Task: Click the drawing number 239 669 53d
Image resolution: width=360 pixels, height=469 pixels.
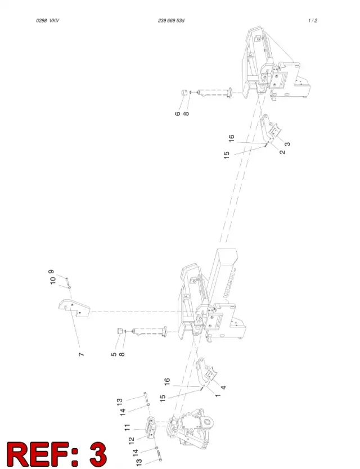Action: point(171,21)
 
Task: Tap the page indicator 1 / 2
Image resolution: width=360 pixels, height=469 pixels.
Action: point(312,21)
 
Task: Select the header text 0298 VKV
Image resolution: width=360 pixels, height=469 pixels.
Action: point(48,21)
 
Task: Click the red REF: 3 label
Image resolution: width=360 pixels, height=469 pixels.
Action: point(57,454)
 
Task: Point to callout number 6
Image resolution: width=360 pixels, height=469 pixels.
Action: point(178,114)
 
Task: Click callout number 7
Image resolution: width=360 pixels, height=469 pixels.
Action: point(81,354)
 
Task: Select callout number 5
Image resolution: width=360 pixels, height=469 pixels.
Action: point(114,354)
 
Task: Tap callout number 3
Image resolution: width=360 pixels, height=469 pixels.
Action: point(287,144)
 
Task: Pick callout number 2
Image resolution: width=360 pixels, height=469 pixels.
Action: point(282,152)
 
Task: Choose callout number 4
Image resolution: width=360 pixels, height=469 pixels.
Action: point(223,387)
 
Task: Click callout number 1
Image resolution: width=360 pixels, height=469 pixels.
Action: point(218,395)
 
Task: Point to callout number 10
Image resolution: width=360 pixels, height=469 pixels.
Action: point(53,280)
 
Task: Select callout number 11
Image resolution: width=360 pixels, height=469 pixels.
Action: point(128,427)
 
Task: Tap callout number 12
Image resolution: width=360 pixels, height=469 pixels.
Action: point(132,441)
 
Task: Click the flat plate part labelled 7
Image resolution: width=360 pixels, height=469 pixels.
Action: point(74,308)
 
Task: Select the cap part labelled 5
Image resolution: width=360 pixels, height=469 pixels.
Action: point(120,331)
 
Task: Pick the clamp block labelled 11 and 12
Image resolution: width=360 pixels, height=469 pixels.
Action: point(151,427)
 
